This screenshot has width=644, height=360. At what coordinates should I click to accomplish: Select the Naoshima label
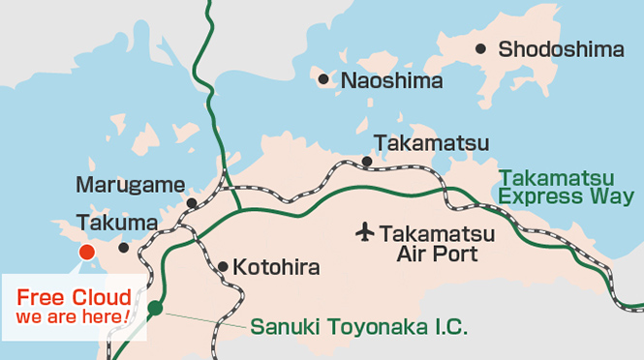(x=391, y=80)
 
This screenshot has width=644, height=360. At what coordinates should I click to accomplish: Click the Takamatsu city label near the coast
(x=431, y=144)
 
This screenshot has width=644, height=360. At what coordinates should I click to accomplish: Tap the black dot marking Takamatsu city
(x=367, y=162)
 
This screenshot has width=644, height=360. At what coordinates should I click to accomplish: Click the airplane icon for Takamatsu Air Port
(x=364, y=232)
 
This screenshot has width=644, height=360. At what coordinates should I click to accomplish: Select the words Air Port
(x=438, y=255)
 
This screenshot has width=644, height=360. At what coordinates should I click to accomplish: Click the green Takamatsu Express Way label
(x=567, y=188)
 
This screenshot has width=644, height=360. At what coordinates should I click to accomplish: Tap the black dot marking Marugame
(x=192, y=203)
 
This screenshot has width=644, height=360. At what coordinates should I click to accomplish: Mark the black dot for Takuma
(x=123, y=248)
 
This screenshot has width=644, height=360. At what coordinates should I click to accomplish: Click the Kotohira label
(x=276, y=266)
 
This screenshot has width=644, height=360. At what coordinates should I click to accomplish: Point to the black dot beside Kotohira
(x=223, y=266)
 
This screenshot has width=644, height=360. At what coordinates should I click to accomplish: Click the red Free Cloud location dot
(x=86, y=253)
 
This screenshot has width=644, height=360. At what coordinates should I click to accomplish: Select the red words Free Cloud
(x=74, y=297)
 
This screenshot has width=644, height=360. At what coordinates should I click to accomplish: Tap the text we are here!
(x=74, y=316)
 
